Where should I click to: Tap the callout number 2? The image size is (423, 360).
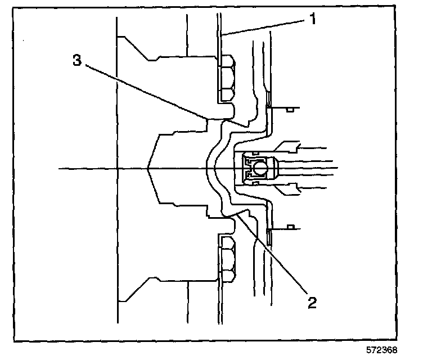pyautogui.click(x=312, y=303)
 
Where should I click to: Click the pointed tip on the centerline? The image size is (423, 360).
pyautogui.click(x=148, y=168)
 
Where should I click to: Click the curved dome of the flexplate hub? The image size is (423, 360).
pyautogui.click(x=211, y=167)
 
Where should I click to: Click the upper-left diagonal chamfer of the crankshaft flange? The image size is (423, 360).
pyautogui.click(x=135, y=47)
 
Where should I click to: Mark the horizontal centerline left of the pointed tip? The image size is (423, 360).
pyautogui.click(x=101, y=168)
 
